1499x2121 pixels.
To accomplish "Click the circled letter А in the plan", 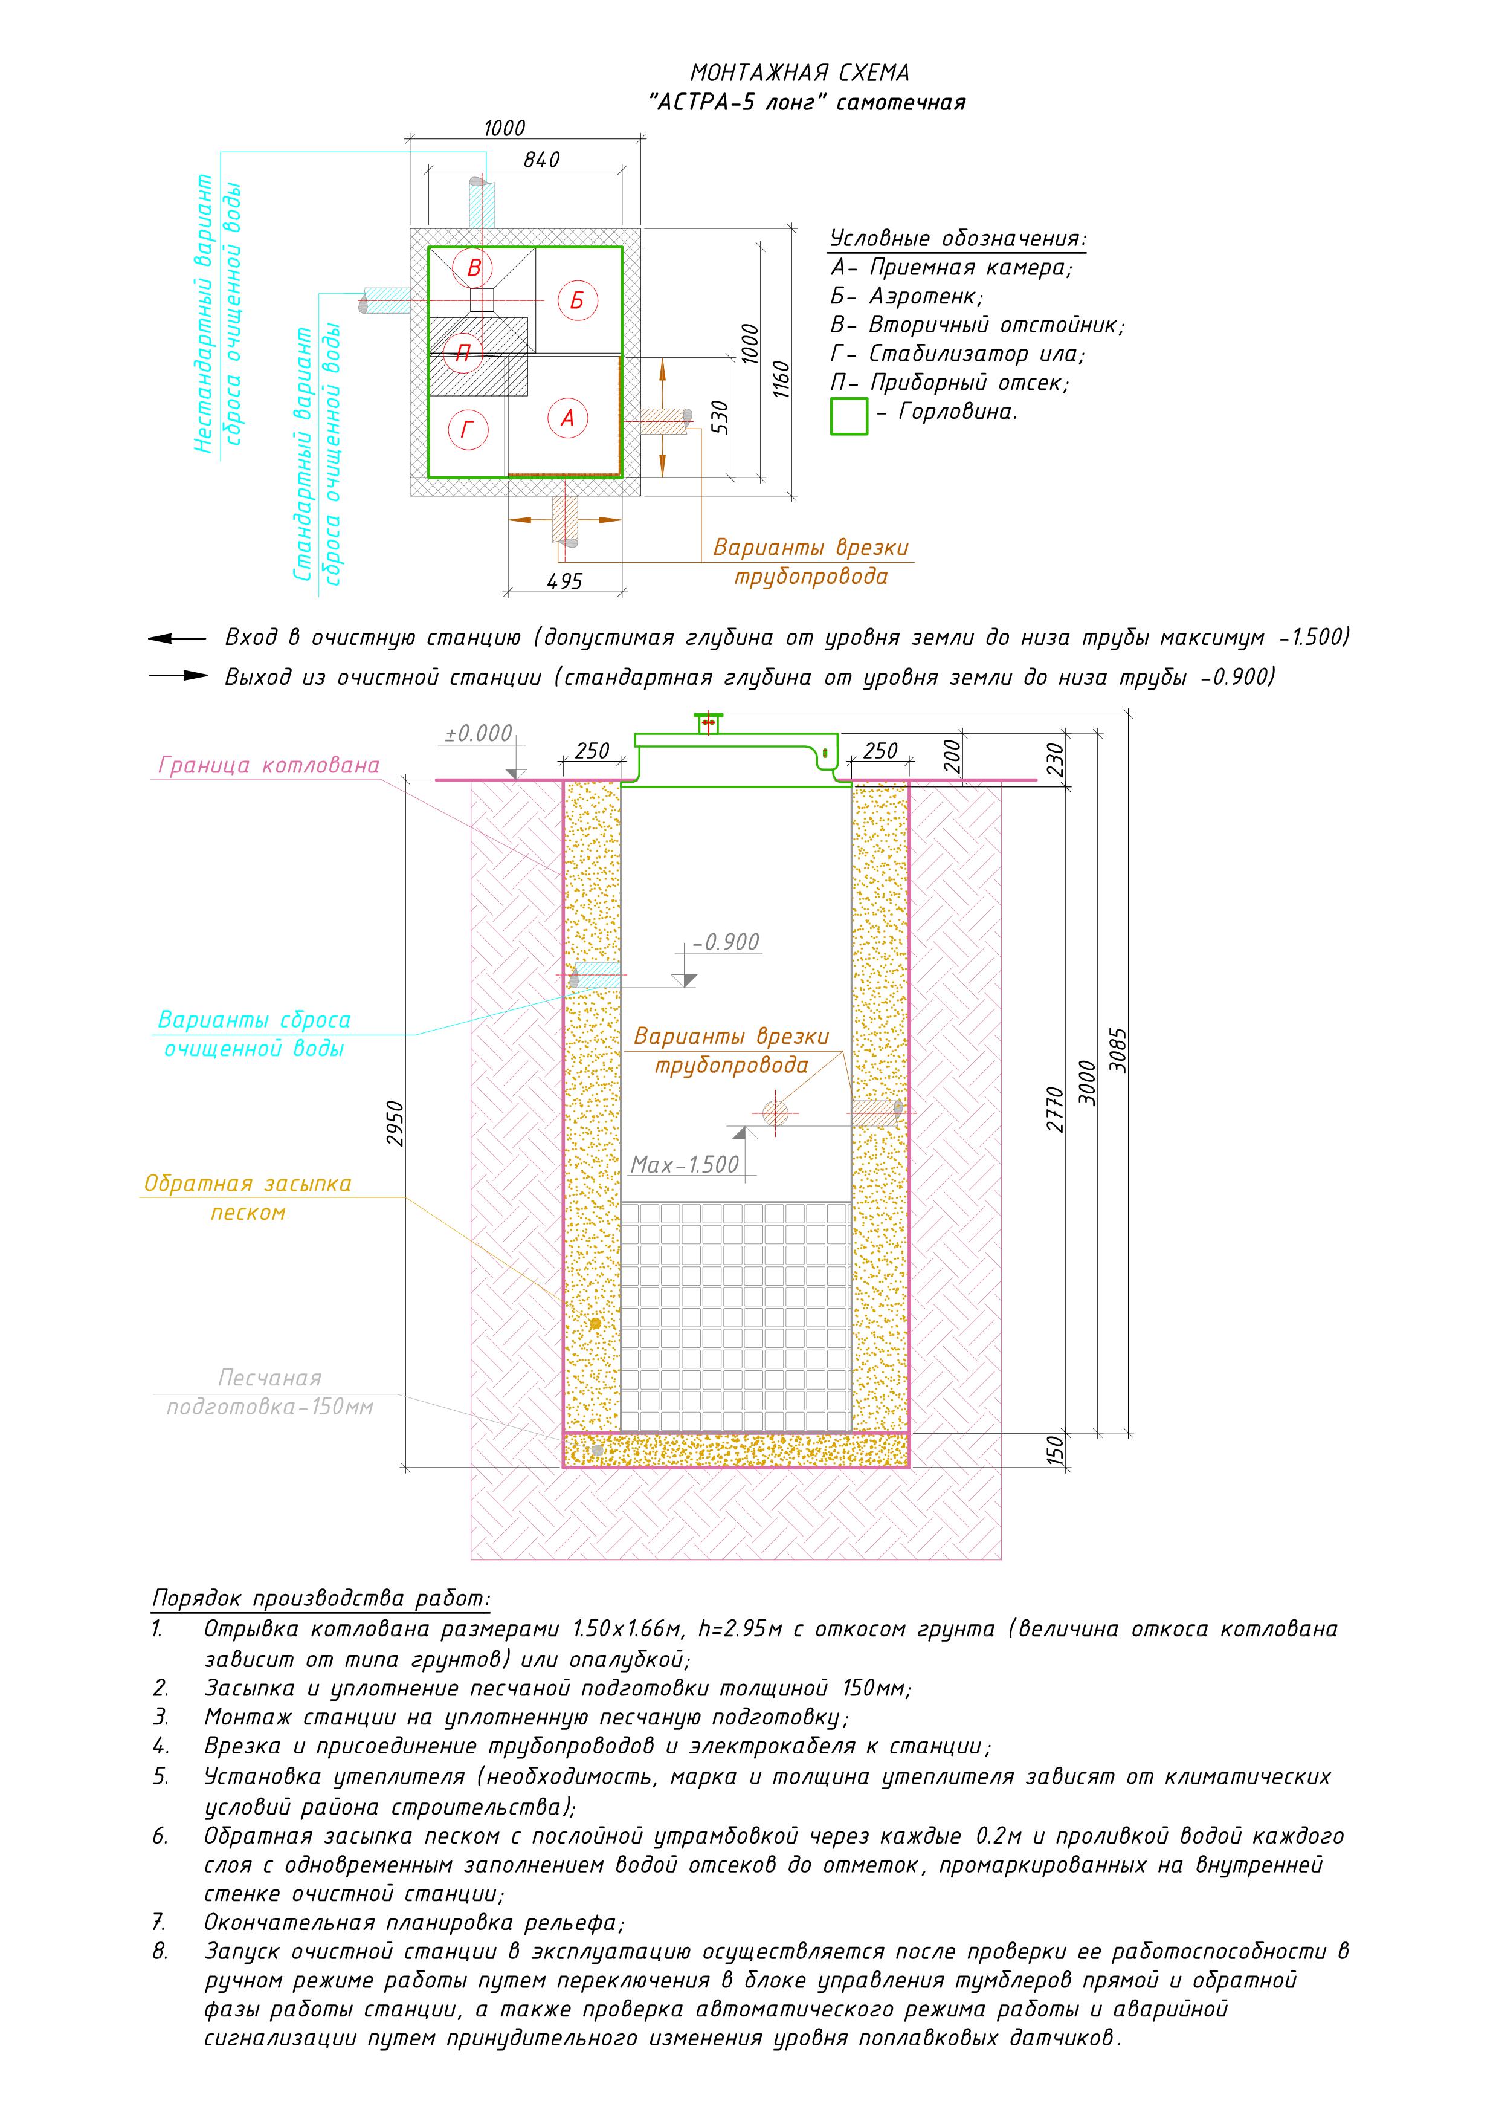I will point(567,418).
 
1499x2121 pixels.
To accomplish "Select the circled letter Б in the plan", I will point(577,300).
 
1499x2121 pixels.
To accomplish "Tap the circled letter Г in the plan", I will point(467,430).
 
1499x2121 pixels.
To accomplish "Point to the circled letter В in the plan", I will point(474,268).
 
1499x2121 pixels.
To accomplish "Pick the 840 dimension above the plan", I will point(541,160).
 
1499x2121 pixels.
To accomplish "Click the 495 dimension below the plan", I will point(564,581).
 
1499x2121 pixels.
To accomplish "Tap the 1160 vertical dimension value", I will point(781,379).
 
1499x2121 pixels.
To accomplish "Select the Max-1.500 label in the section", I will point(685,1165).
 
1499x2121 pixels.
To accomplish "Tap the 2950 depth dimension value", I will point(395,1123).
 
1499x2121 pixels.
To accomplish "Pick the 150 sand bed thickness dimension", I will point(1056,1449).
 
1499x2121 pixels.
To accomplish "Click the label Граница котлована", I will point(269,766).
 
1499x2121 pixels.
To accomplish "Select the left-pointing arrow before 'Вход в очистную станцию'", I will point(178,638).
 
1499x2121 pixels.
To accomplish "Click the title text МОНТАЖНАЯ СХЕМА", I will point(800,73).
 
